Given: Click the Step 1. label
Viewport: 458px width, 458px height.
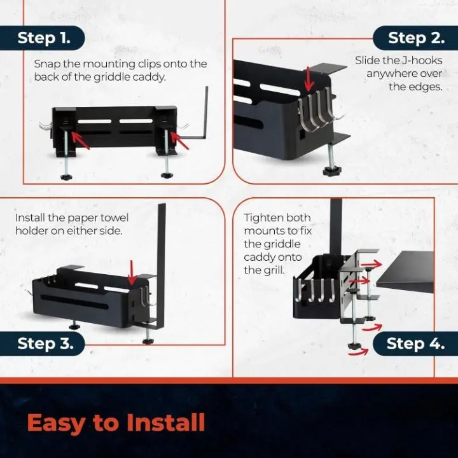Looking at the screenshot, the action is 44,38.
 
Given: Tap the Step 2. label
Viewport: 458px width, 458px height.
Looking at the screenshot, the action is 416,38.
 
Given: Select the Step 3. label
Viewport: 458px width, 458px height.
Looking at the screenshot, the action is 45,343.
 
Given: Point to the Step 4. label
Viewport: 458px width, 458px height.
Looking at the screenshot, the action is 415,343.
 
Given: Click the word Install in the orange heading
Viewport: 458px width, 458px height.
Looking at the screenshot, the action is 166,422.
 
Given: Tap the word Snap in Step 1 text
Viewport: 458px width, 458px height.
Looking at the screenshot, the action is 46,64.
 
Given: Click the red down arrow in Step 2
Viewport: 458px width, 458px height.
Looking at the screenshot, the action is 309,79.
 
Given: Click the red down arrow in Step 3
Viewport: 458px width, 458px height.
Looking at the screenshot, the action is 132,273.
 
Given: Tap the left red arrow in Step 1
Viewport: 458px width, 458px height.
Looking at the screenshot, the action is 80,141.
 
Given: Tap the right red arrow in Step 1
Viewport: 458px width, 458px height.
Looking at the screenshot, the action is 179,141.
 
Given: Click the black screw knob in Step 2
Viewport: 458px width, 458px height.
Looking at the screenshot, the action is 332,170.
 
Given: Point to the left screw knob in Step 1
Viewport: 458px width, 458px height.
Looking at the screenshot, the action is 67,177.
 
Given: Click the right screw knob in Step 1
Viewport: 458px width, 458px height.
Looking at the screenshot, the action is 167,176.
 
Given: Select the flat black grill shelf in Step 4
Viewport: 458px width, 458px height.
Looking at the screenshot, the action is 405,272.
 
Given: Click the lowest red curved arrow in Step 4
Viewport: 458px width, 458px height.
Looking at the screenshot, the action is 358,351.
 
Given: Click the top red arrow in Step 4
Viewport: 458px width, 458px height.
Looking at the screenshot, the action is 371,265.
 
